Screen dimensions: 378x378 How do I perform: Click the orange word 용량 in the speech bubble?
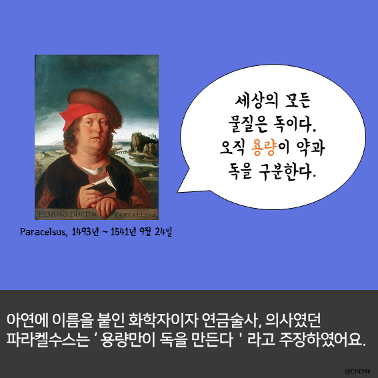263,148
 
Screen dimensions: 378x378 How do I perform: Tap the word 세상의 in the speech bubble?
256,101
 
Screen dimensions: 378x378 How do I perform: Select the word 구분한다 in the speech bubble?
286,172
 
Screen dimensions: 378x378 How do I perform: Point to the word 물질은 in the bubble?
248,125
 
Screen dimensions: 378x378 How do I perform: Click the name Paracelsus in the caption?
43,232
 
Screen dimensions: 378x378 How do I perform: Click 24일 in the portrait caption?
163,232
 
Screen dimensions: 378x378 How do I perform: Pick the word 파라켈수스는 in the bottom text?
48,340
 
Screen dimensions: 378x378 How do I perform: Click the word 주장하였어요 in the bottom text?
322,340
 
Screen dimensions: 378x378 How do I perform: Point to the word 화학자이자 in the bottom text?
163,321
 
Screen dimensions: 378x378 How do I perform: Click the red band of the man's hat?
79,115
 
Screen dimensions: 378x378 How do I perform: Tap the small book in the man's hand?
103,185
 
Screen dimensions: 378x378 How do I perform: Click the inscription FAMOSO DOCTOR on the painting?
67,214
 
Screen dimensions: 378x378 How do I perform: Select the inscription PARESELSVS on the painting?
135,215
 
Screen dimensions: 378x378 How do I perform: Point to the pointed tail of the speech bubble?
178,192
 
